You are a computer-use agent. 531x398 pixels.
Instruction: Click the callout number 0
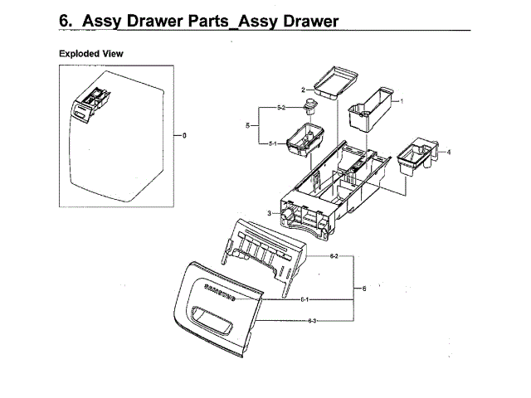pyautogui.click(x=185, y=134)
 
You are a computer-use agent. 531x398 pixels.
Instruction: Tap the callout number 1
pyautogui.click(x=402, y=101)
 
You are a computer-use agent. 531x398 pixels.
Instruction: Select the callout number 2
pyautogui.click(x=304, y=89)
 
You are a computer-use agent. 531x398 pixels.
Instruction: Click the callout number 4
pyautogui.click(x=449, y=153)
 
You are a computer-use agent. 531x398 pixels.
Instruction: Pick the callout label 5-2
pyautogui.click(x=280, y=109)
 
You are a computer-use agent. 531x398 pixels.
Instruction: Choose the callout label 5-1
pyautogui.click(x=272, y=143)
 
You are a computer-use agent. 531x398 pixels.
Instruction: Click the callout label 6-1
pyautogui.click(x=304, y=298)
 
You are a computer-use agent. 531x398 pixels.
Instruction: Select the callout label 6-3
pyautogui.click(x=313, y=320)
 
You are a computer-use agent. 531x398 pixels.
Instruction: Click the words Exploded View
pyautogui.click(x=91, y=53)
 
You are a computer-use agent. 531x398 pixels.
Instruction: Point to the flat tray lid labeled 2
pyautogui.click(x=335, y=83)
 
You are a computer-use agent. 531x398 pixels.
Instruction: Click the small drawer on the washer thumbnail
pyautogui.click(x=90, y=103)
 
